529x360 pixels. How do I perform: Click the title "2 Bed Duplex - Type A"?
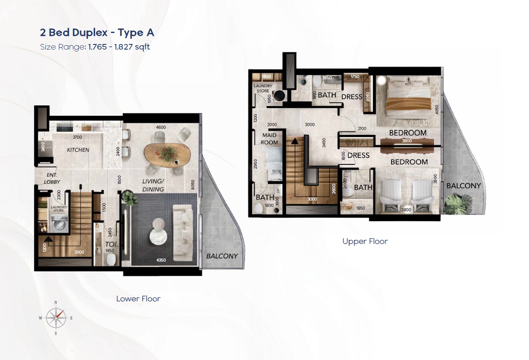[x=97, y=33]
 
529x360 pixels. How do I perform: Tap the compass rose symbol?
[x=56, y=318]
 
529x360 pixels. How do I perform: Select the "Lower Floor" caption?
[x=138, y=299]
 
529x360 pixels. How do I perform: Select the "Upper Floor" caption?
[x=365, y=241]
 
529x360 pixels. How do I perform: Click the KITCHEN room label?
[x=78, y=150]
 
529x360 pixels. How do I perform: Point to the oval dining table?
[x=167, y=155]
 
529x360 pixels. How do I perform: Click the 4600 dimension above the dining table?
[x=161, y=127]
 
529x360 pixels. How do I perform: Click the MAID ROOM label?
[x=269, y=139]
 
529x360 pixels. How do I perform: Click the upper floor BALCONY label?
[x=463, y=186]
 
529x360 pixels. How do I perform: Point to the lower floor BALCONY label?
[x=222, y=256]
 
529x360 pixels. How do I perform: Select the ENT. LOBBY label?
[x=52, y=178]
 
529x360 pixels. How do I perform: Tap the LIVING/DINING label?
[x=153, y=185]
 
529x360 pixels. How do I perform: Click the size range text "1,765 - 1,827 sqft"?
[x=119, y=47]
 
